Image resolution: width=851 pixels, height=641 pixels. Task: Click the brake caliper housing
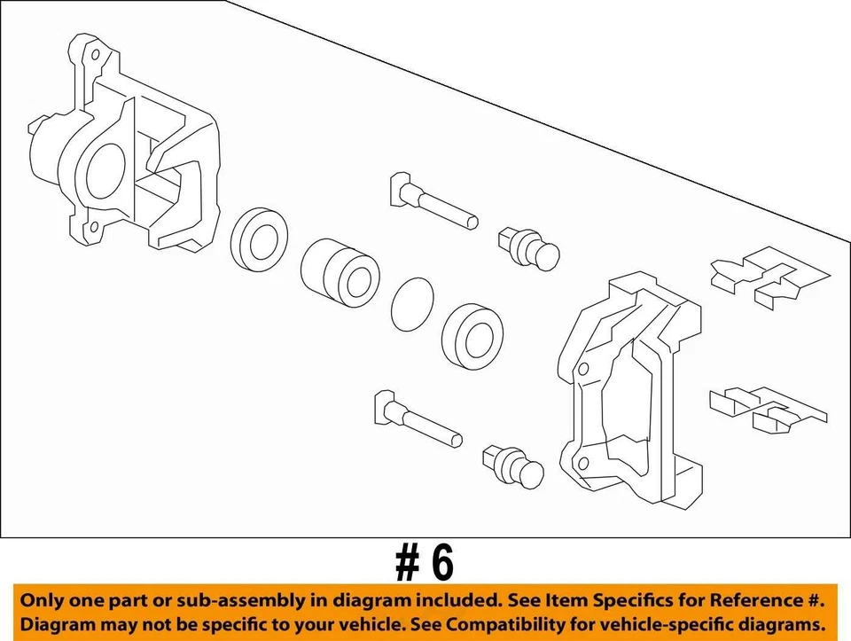(x=133, y=151)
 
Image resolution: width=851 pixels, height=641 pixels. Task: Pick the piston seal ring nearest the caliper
(x=259, y=239)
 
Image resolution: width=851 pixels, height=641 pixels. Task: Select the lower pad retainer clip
(x=766, y=407)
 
